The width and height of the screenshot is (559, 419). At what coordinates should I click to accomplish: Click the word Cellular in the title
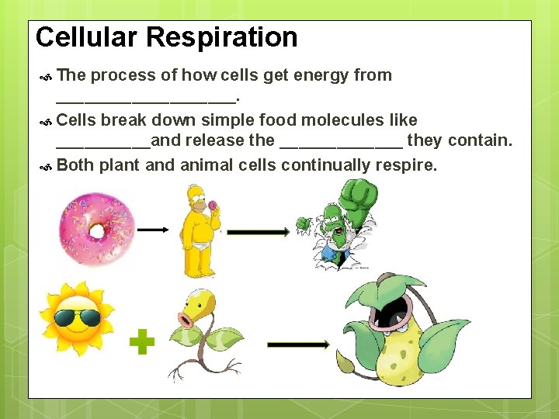coord(86,37)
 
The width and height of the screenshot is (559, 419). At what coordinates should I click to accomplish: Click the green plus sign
coord(141,341)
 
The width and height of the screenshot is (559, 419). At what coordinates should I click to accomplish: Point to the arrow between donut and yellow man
coord(153,230)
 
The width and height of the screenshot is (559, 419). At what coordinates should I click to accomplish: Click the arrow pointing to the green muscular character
coord(258,231)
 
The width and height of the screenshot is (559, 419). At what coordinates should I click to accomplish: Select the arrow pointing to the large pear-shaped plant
coord(298,344)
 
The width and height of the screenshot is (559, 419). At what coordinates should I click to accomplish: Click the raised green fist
coord(358,198)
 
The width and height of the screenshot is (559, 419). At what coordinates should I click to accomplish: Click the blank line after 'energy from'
coord(145,99)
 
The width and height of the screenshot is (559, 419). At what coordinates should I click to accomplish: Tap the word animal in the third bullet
coord(207,164)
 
